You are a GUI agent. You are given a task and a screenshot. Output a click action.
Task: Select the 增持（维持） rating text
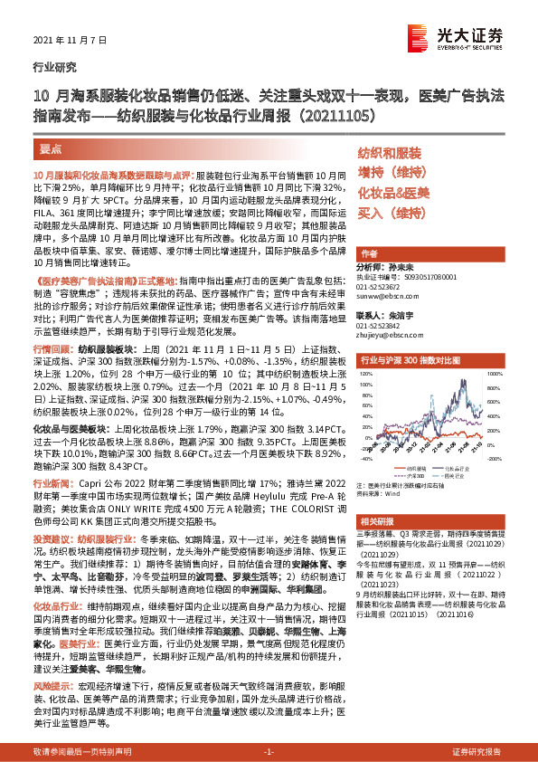point(391,172)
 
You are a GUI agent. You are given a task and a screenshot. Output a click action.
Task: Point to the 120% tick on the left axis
point(367,373)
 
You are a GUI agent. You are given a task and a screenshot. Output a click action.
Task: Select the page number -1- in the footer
point(269,752)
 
